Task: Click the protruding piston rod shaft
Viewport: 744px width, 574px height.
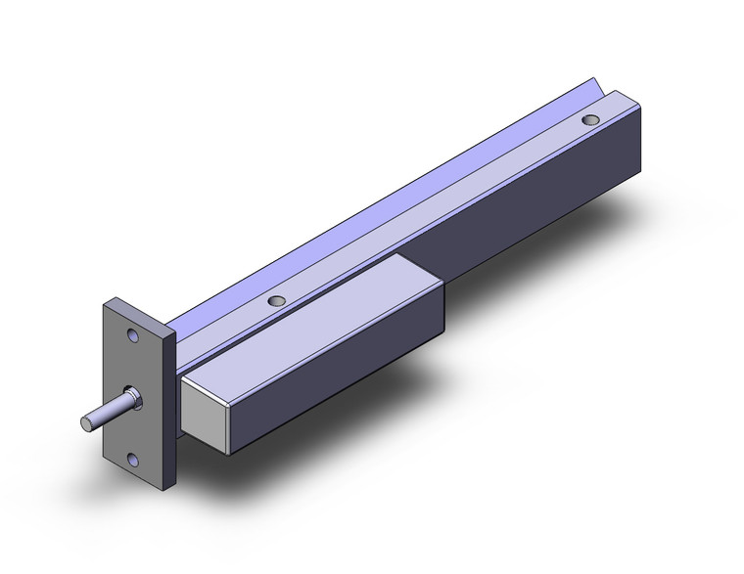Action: tap(104, 410)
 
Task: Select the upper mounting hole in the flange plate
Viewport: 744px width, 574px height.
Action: tap(131, 336)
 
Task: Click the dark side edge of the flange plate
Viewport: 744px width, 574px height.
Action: tap(170, 411)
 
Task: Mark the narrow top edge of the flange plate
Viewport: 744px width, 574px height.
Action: tap(136, 307)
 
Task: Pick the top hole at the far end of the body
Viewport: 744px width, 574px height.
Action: tap(589, 119)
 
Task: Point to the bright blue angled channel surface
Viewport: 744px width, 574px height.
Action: tap(392, 196)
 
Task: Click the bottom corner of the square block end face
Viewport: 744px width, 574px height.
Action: tap(229, 453)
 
